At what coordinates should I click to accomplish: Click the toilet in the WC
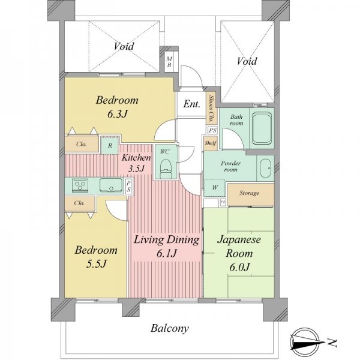[x=166, y=169]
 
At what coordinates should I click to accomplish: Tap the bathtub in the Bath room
[x=262, y=128]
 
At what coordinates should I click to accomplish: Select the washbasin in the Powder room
[x=266, y=168]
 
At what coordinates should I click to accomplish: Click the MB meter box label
[x=169, y=62]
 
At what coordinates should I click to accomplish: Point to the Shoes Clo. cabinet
[x=211, y=108]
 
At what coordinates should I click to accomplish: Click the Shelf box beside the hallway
[x=211, y=143]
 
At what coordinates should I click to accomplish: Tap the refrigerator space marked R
[x=110, y=145]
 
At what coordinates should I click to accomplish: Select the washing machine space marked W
[x=215, y=188]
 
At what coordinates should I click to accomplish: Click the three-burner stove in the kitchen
[x=80, y=185]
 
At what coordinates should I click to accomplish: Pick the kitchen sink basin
[x=111, y=185]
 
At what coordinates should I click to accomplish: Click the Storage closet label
[x=250, y=193]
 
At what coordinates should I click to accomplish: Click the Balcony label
[x=170, y=328]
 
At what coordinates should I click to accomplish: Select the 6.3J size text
[x=117, y=114]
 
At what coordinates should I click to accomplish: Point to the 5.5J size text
[x=96, y=264]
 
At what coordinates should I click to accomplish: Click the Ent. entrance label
[x=192, y=104]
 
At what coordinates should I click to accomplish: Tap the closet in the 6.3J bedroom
[x=82, y=144]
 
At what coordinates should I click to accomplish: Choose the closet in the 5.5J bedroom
[x=80, y=203]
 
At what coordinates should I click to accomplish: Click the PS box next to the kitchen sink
[x=129, y=186]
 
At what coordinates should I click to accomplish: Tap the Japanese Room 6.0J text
[x=239, y=253]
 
